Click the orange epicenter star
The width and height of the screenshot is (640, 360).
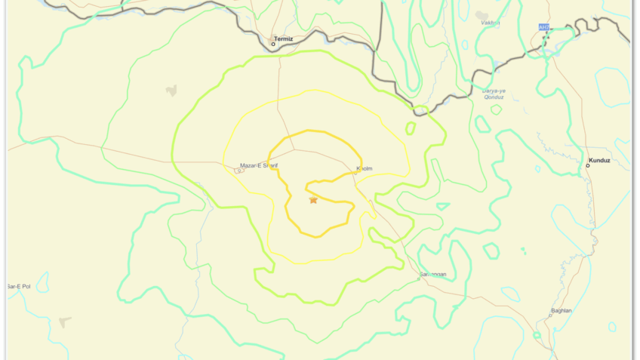coord(313,200)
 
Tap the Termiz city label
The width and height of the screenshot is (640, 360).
coord(283,37)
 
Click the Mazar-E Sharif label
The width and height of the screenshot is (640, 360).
coord(259,165)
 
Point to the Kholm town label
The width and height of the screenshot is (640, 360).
coord(365,168)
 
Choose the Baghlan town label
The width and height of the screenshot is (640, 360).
coord(562,310)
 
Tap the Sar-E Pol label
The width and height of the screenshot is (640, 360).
coord(18,287)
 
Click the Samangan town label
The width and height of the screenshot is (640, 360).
coord(433,273)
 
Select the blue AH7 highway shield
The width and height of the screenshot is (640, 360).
coord(544,27)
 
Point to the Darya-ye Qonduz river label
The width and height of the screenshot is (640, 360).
coord(494,94)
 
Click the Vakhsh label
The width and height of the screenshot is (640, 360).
coord(491,23)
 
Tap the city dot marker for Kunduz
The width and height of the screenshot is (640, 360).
coord(587,165)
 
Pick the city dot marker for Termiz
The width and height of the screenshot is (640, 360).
coord(273,45)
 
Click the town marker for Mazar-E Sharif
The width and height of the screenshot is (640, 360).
coord(239,171)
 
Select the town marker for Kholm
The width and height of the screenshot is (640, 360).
coord(355,173)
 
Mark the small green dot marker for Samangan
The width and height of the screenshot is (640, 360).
coord(419,279)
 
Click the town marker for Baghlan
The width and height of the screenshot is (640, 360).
coord(550,315)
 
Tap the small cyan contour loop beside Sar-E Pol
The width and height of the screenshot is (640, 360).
coord(42,282)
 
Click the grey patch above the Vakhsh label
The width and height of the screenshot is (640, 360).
coord(482,15)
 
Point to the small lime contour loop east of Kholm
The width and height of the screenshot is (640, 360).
coord(410,128)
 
